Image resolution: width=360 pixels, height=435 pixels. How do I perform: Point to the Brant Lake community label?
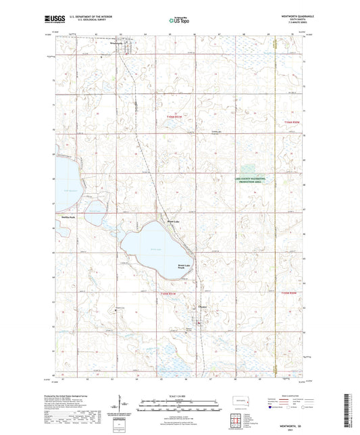coord(174,221)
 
